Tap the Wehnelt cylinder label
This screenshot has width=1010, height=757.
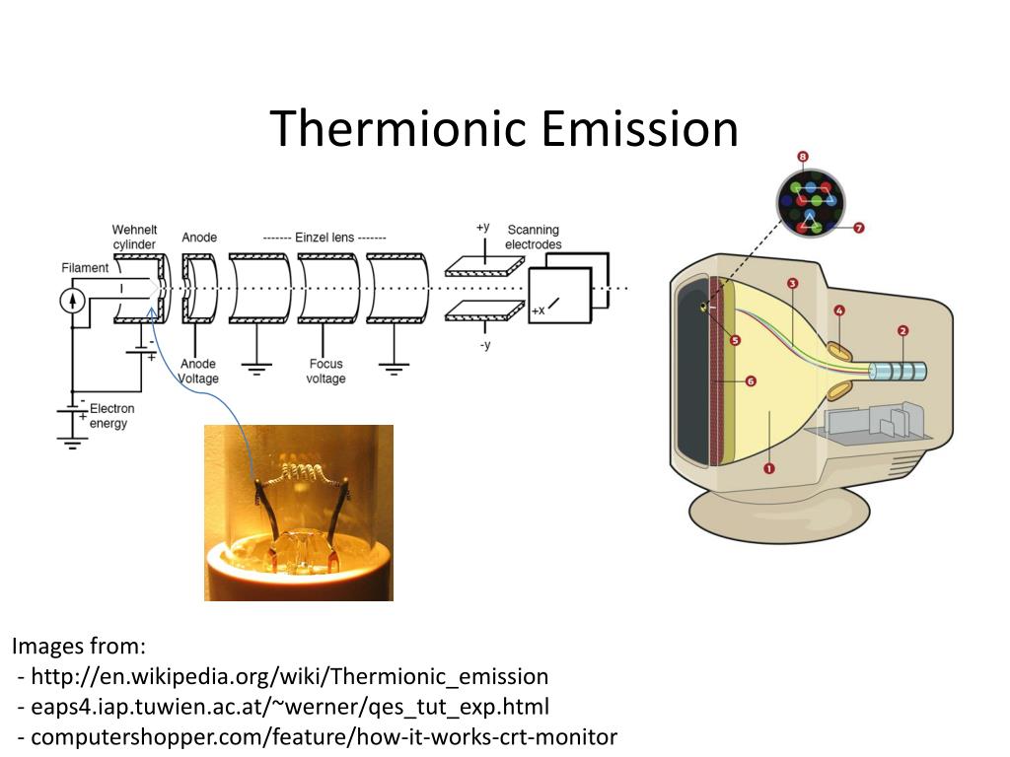[134, 237]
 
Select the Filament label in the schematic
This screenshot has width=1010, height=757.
[85, 267]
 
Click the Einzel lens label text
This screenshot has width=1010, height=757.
[325, 238]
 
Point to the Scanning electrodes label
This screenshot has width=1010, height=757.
[533, 237]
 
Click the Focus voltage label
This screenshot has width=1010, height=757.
[325, 371]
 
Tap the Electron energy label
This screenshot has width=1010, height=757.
[111, 416]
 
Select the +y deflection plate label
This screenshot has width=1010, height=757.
[482, 227]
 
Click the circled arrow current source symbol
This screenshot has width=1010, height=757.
[73, 301]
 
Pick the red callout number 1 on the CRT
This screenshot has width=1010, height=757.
[769, 468]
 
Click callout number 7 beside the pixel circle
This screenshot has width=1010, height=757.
[858, 228]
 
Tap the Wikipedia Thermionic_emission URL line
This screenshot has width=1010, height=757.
[289, 676]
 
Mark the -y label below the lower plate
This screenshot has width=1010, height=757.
[484, 345]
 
